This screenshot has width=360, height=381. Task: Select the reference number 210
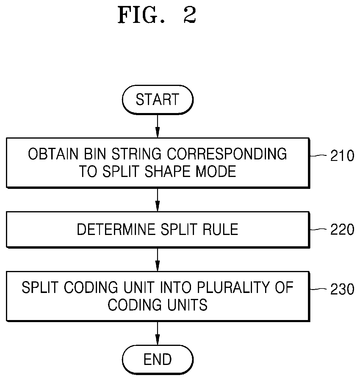tap(342, 156)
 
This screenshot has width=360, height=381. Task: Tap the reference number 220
tap(342, 229)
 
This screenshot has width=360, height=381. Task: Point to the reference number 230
tap(342, 289)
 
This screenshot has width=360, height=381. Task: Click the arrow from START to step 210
tap(157, 126)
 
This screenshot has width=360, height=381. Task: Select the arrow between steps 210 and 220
tap(157, 200)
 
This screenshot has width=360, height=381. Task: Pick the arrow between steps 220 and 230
tap(157, 260)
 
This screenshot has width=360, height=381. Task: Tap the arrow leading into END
tap(157, 333)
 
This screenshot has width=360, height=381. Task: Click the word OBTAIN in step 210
tap(53, 154)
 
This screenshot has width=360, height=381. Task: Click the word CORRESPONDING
tap(227, 154)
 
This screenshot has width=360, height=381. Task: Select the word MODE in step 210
tap(216, 171)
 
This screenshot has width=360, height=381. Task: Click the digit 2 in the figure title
tap(190, 15)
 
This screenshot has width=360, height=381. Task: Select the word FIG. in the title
tap(141, 15)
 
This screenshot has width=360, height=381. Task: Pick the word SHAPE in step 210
tap(168, 171)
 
